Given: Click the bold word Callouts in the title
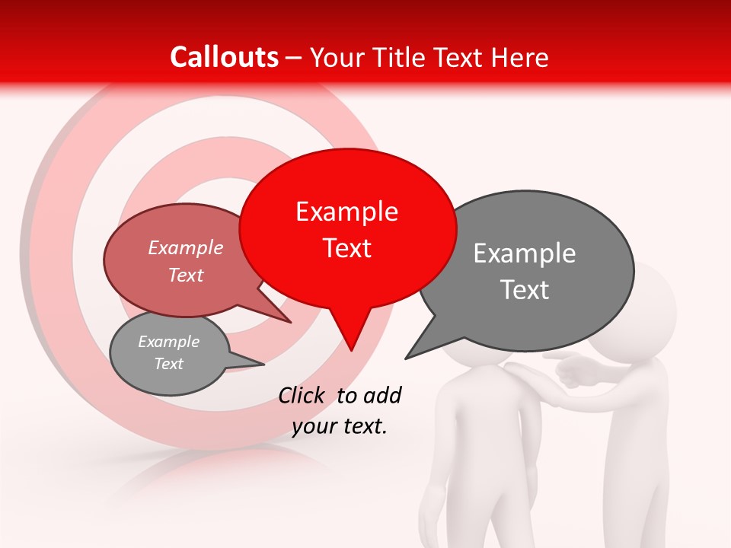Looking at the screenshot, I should (x=225, y=57).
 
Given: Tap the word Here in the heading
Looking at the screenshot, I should (x=519, y=57).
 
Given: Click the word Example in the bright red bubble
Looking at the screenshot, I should (x=346, y=212).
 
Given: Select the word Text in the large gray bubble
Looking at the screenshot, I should (x=525, y=290).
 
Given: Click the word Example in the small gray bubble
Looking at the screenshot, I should (x=168, y=342).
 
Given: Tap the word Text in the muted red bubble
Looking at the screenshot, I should (x=186, y=276).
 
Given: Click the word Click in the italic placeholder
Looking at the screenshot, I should (x=302, y=395).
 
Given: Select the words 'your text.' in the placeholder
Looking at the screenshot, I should (x=340, y=427).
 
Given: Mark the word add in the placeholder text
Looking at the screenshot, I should (x=382, y=395).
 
